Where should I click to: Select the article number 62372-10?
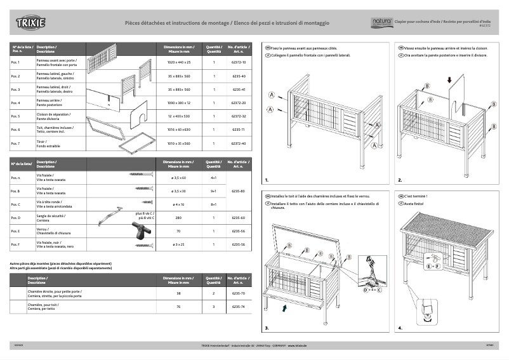coord(238,63)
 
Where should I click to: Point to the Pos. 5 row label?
coord(15,117)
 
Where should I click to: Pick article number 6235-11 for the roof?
coord(238,130)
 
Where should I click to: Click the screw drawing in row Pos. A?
coord(142,174)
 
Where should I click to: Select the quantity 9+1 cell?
coord(214,190)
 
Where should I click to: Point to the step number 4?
coord(400,328)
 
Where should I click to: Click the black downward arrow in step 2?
coord(449,81)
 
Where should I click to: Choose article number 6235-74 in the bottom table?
coord(238,307)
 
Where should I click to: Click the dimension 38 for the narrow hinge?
coord(178,293)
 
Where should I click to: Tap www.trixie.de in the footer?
coord(298,345)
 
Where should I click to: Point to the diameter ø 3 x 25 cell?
coord(178,244)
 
